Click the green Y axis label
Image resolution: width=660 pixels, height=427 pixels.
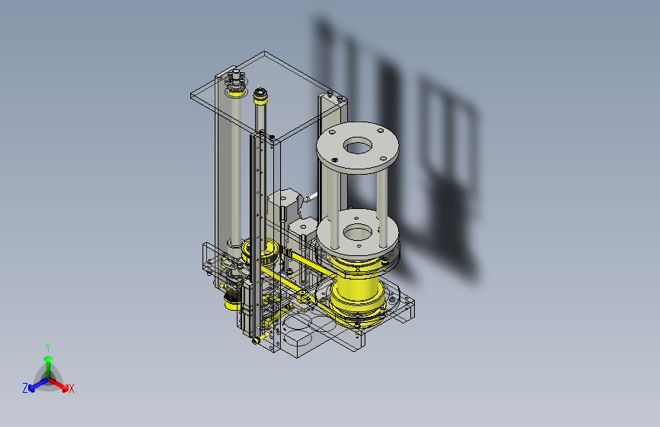tap(48, 348)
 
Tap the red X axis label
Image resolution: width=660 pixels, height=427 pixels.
tap(71, 389)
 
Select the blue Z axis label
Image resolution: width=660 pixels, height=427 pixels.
tap(25, 388)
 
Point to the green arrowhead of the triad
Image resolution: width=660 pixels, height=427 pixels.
tap(49, 359)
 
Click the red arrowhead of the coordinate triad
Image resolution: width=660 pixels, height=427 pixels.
tap(64, 387)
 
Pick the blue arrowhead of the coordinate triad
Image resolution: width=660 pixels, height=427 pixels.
tap(32, 388)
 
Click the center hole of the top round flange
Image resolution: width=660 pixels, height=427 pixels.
tap(357, 146)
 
